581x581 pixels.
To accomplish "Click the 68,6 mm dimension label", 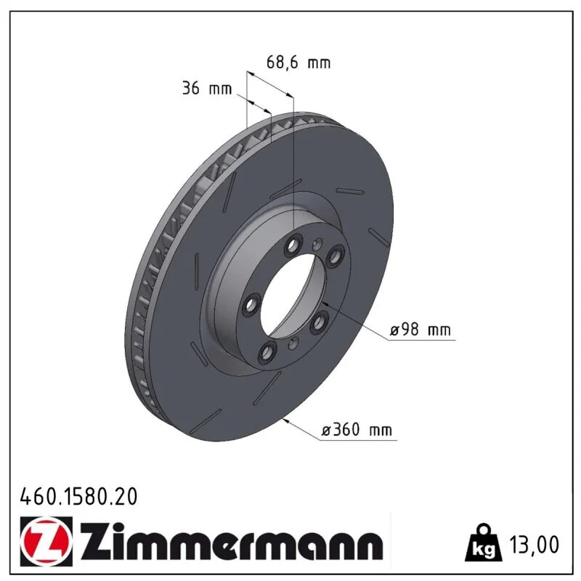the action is (298, 62).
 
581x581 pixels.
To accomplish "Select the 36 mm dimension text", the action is (207, 89).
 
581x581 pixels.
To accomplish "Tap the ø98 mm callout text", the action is (420, 330).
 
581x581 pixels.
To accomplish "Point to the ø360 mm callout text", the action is (357, 430).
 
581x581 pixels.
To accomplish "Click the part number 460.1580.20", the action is (78, 497).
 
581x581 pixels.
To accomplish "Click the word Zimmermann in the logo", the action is (232, 541).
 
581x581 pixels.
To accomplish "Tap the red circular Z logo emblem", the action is (46, 541).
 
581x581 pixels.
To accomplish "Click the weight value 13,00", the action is (534, 545).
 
